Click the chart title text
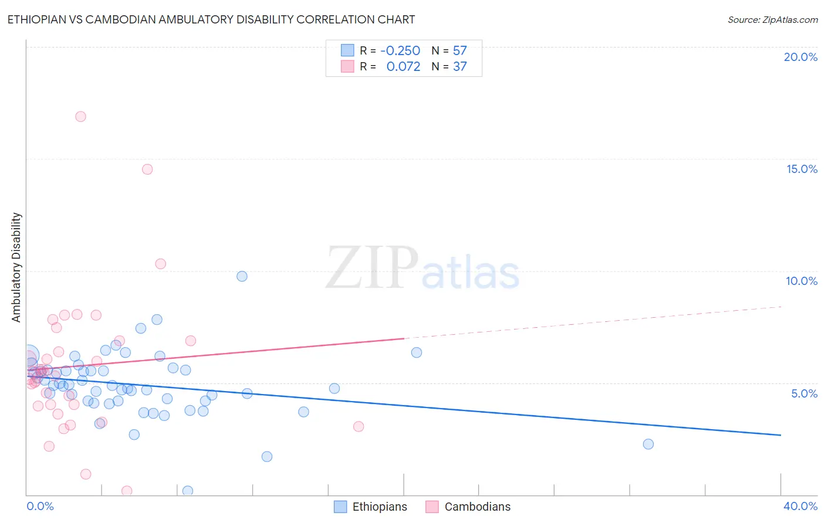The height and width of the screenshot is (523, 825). (211, 20)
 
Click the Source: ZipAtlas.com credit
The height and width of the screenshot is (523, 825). (772, 20)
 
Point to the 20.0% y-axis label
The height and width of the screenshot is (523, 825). (800, 57)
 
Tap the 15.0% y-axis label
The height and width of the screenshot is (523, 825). (802, 169)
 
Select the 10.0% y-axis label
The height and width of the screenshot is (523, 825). (802, 281)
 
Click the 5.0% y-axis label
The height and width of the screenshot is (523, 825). (804, 393)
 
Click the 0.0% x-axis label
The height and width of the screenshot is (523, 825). (40, 506)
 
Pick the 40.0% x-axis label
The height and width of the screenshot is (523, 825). (800, 506)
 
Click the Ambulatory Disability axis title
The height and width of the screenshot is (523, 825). (16, 267)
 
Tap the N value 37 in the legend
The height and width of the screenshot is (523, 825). (459, 67)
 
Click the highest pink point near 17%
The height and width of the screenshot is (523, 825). (80, 117)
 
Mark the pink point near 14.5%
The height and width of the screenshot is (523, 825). (147, 169)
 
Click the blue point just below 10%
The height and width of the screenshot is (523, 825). (242, 276)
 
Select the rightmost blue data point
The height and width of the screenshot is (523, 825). (648, 444)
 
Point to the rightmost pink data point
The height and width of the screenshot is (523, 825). (359, 426)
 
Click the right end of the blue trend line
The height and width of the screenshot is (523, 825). (780, 435)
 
